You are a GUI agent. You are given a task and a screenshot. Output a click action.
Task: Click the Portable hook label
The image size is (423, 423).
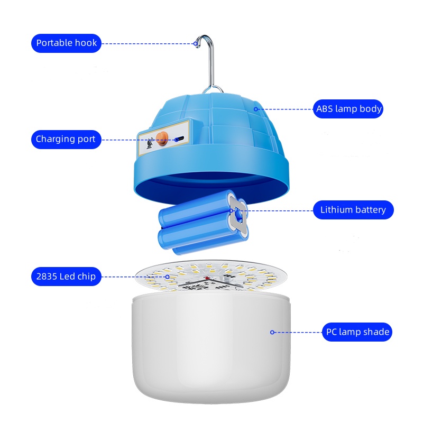pos(67,43)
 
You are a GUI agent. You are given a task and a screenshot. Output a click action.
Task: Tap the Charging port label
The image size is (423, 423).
pos(66,140)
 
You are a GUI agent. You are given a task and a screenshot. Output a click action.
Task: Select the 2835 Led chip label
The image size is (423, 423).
pos(66,277)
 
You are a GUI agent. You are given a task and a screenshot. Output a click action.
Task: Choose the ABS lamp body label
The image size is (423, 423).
pos(348,109)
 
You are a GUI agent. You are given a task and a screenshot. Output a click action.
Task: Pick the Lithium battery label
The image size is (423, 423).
pos(353,210)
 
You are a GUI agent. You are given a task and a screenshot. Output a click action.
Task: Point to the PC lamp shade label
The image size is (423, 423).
pos(357,332)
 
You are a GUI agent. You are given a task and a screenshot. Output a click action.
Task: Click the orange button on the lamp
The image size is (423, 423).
pos(162,139)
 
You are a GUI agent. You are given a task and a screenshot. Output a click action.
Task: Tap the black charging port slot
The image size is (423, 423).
pos(179,139)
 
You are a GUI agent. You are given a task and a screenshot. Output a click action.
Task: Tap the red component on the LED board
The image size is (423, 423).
pos(207,278)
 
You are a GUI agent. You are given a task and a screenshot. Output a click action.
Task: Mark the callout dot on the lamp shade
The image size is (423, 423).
pos(272,333)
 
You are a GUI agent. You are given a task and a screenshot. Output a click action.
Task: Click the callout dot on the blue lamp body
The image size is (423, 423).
pos(256,109)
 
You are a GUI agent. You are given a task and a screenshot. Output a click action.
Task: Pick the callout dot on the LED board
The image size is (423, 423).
pos(167,277)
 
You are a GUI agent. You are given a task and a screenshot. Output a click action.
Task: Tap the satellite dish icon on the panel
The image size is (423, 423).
pos(150,143)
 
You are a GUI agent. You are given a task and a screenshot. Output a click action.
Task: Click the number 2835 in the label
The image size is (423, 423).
pos(47,277)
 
